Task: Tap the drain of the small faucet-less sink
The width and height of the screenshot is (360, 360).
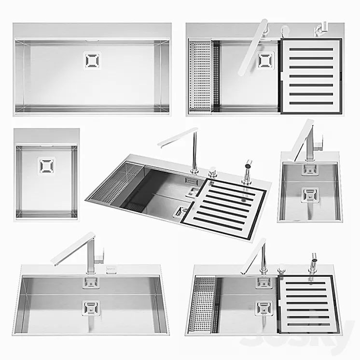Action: pos(46,165)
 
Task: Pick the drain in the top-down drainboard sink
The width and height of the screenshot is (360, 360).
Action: pos(265,60)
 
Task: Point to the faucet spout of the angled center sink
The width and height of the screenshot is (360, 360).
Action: pos(177,136)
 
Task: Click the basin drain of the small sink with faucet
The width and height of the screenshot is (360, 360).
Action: pos(308,194)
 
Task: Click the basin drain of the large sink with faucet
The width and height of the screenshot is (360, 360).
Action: pos(90,307)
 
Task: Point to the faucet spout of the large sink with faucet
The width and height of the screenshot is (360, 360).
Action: pos(72,248)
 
